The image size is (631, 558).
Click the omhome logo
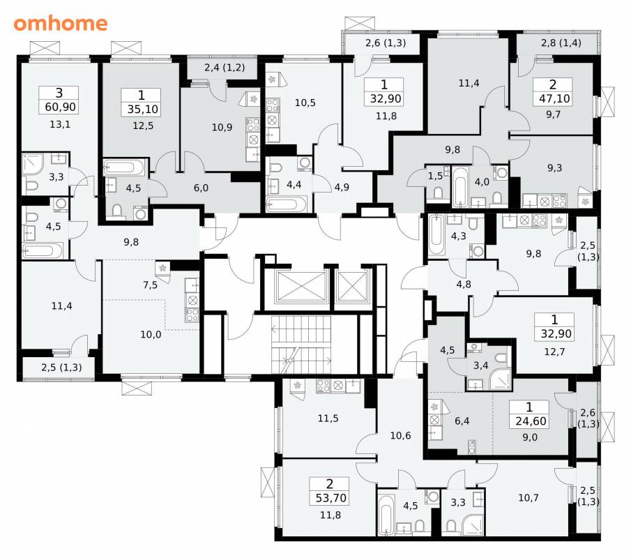point(61,24)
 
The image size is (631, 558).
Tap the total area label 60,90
point(59,107)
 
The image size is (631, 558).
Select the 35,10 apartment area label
point(142,109)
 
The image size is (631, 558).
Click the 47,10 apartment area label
point(554,98)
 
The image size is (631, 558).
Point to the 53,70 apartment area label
point(330,499)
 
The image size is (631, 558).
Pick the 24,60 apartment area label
point(531,421)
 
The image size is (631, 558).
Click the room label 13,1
point(60,124)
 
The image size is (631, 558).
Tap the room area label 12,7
point(554,352)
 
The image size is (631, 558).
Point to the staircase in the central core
point(301,345)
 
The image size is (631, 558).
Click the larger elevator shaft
point(301,286)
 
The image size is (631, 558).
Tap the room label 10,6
point(400,435)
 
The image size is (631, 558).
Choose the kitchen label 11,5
point(328,418)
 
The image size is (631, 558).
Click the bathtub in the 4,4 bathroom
point(287,204)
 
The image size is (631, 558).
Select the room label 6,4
point(462,421)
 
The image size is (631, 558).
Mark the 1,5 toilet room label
point(435,176)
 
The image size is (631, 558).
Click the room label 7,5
point(150,285)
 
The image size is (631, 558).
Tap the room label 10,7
point(529,498)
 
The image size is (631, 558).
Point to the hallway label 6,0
point(201,188)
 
